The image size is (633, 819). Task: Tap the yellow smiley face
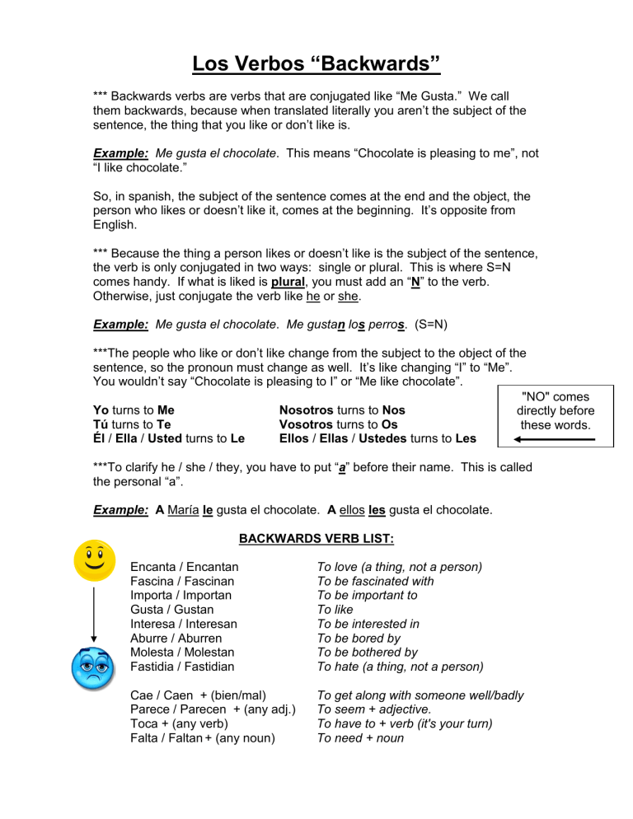click(x=93, y=560)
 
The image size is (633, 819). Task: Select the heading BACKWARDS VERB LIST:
click(x=316, y=540)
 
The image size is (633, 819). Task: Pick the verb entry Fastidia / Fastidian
click(x=182, y=667)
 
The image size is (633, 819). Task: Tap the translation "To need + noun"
click(x=360, y=738)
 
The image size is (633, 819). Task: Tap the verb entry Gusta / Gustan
click(x=171, y=610)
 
